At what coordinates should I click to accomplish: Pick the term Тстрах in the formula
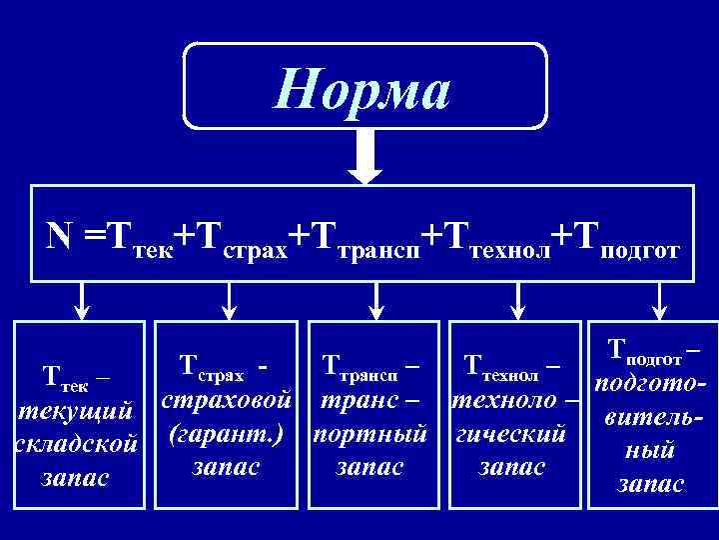(x=241, y=240)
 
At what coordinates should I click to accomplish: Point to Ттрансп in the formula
(x=364, y=240)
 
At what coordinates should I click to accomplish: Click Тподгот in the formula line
(x=624, y=240)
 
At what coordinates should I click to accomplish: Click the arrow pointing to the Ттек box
(x=84, y=297)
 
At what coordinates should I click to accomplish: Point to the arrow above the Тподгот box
(x=657, y=297)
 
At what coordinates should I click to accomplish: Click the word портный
(x=370, y=434)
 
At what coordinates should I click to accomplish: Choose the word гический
(x=511, y=434)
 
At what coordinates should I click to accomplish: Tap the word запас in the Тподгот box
(x=651, y=484)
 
